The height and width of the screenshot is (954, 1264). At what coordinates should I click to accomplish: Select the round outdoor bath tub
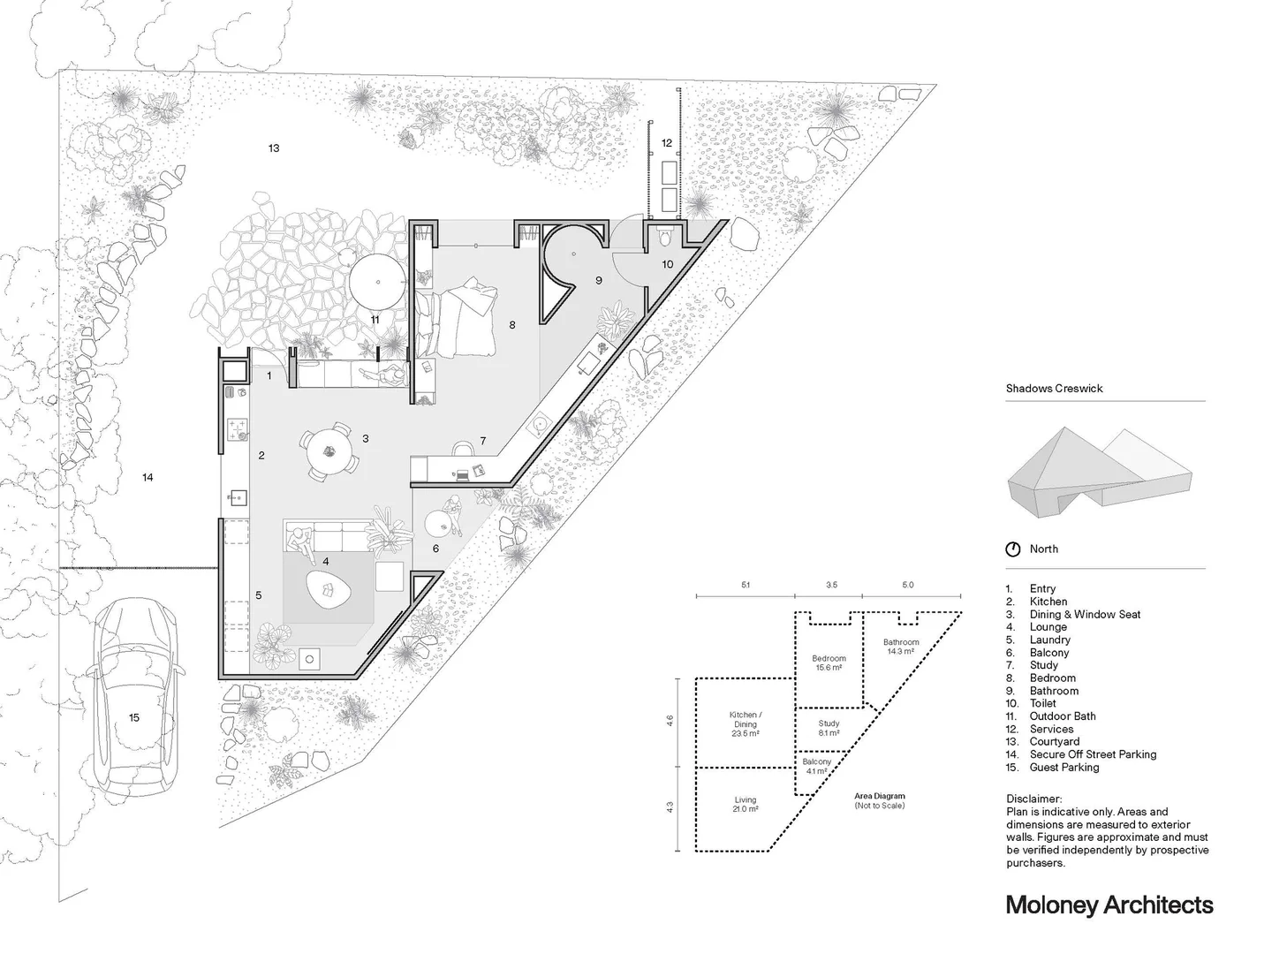pos(379,282)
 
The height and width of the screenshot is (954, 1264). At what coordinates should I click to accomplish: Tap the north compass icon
pos(1013,549)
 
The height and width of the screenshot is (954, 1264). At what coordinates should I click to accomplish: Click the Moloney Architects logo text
pos(1109,905)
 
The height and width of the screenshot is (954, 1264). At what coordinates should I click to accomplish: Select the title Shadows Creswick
pos(1054,389)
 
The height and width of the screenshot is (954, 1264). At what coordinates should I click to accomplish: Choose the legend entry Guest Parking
pos(1063,768)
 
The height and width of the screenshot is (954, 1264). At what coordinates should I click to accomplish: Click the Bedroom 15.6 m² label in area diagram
pos(829,662)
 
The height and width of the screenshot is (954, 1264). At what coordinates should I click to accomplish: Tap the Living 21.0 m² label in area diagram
pos(745,805)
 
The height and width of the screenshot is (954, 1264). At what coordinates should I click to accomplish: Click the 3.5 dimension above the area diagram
pos(830,585)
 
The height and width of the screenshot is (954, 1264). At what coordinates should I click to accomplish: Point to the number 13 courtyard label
pos(274,148)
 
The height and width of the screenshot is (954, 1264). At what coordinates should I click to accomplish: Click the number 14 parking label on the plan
pos(148,478)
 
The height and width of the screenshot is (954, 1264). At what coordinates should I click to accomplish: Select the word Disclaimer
pos(1033,799)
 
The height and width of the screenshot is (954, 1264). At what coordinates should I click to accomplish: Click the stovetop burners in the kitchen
pos(237,429)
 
